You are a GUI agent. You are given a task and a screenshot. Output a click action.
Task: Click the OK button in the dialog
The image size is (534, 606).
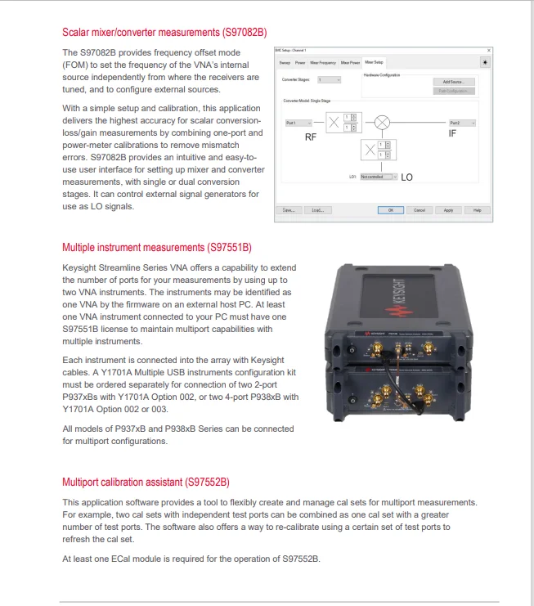click(390, 210)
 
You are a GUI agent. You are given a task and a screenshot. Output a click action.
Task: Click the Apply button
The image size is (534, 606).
click(448, 210)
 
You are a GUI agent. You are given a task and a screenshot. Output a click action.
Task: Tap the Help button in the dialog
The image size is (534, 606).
click(477, 210)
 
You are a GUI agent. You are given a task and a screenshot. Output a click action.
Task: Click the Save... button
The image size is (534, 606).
click(289, 210)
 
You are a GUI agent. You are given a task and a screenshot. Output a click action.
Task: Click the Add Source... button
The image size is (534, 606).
click(453, 82)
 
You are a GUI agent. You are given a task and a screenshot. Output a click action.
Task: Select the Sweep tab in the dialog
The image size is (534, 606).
click(285, 62)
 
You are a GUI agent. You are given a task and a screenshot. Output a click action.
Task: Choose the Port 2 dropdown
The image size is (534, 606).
click(462, 123)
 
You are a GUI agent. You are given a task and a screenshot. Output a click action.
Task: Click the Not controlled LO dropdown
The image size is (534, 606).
click(378, 176)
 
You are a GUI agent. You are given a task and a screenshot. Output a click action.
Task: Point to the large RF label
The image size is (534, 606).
click(311, 137)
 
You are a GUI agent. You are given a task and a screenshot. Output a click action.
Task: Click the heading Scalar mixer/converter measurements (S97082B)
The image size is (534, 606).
click(164, 33)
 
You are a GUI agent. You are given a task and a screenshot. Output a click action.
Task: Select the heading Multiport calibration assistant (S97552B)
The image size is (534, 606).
click(146, 482)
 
